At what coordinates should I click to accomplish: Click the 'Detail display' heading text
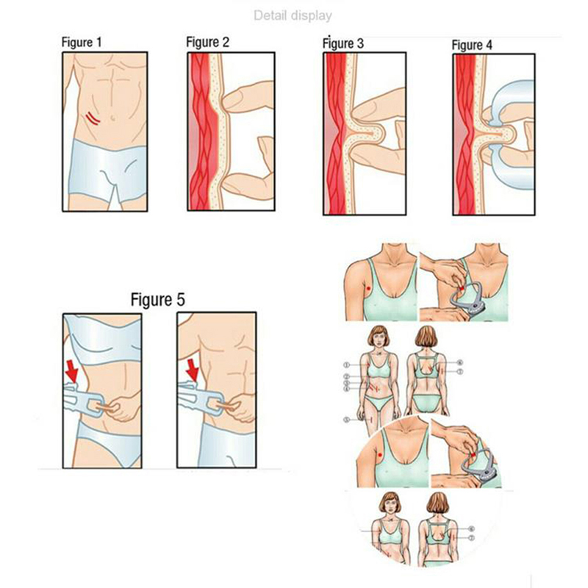point(293,15)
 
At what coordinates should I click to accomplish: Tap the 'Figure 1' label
point(82,42)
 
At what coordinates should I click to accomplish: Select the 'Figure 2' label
point(207,42)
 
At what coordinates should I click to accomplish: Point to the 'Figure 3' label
point(343,43)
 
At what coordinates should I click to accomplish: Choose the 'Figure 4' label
point(472,45)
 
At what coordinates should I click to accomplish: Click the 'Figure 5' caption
point(158,300)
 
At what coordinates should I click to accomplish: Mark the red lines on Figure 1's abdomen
point(93,118)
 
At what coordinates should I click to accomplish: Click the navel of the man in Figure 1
point(112,118)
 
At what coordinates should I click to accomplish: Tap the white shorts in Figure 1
point(108,171)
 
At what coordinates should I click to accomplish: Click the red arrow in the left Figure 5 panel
point(71,371)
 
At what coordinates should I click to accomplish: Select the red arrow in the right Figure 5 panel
point(193,370)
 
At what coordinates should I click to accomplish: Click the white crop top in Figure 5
point(102,340)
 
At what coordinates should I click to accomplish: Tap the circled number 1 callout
point(347,365)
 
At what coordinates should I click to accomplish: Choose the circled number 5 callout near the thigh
point(347,420)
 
